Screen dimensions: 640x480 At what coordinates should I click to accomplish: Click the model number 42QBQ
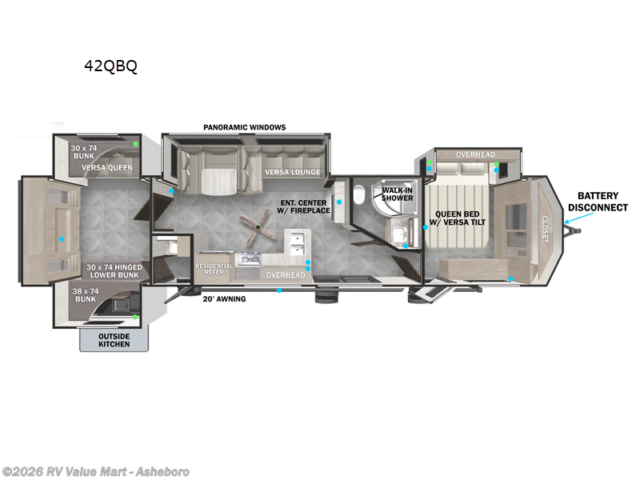(x=110, y=66)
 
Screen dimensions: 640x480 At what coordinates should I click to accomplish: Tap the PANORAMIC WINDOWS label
(x=245, y=127)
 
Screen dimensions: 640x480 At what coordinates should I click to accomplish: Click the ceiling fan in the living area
(x=258, y=227)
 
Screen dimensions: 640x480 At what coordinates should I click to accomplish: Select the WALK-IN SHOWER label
(x=397, y=194)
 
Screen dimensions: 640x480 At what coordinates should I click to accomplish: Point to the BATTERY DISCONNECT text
(x=598, y=202)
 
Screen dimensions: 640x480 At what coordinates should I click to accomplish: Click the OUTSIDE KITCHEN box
(x=114, y=339)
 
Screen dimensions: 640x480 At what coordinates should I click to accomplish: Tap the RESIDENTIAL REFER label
(x=214, y=269)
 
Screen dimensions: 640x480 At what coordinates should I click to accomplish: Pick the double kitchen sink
(x=297, y=243)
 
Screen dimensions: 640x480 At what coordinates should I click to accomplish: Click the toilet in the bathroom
(x=358, y=195)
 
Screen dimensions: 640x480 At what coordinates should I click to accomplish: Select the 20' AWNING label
(x=225, y=299)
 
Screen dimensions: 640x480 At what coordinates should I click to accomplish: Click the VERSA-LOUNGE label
(x=293, y=172)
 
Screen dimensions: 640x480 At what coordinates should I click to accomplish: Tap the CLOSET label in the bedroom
(x=545, y=229)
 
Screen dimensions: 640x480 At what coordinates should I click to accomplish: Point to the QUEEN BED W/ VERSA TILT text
(x=458, y=218)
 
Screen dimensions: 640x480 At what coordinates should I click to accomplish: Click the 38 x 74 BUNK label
(x=86, y=295)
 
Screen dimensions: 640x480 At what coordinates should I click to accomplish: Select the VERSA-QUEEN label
(x=107, y=168)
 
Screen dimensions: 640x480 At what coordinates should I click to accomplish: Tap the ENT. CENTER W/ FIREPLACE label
(x=304, y=206)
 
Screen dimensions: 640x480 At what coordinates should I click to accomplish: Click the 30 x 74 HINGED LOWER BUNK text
(x=114, y=271)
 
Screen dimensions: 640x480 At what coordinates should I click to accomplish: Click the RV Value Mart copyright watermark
(x=95, y=471)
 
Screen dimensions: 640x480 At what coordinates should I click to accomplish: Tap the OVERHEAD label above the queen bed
(x=475, y=154)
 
